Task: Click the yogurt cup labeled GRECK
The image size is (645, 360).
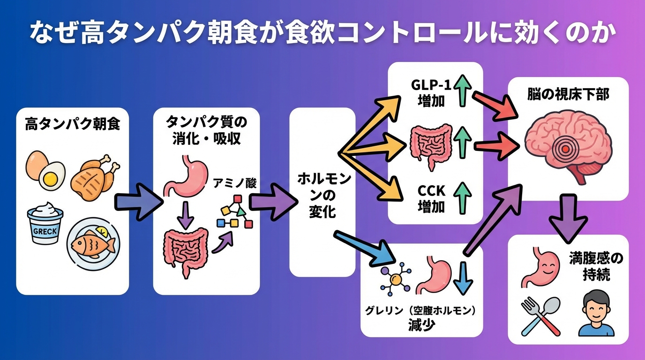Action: click(x=45, y=225)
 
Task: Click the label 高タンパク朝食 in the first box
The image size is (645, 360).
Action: click(x=72, y=125)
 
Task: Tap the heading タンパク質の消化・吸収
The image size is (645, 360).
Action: click(x=206, y=131)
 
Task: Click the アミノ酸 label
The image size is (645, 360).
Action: click(x=235, y=183)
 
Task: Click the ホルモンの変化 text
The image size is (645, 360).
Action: click(x=322, y=195)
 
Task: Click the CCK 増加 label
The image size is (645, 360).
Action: click(x=430, y=198)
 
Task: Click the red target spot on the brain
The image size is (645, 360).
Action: click(x=567, y=149)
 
